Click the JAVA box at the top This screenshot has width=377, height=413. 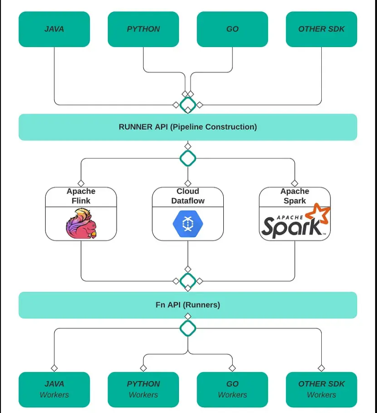point(54,29)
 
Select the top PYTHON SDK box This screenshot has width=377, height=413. point(143,29)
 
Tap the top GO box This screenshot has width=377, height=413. point(232,29)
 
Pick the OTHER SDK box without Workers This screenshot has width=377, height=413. point(321,29)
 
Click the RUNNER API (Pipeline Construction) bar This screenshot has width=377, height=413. point(188,127)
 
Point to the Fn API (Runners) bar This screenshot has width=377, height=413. point(188,305)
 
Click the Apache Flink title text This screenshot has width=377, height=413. point(81,196)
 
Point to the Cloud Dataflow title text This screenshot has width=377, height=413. point(188,196)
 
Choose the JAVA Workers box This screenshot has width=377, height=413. point(54,389)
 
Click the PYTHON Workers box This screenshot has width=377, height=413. point(143,389)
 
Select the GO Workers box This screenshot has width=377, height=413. point(232,389)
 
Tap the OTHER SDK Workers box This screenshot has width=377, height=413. point(321,389)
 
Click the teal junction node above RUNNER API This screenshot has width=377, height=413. point(188,104)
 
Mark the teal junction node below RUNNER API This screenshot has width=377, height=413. point(188,158)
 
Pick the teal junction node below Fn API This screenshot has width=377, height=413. point(188,327)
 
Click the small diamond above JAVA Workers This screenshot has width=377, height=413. point(54,368)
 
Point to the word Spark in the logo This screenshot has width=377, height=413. point(291,227)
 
